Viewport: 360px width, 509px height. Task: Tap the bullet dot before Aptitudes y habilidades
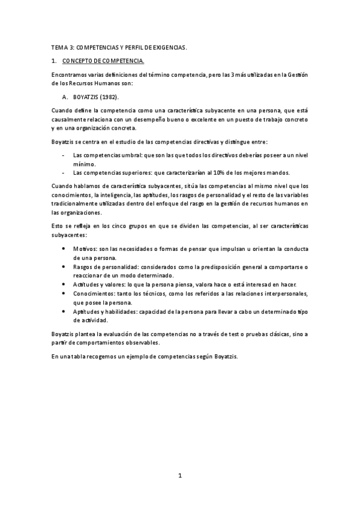pos(65,312)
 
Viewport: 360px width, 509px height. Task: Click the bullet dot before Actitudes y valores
pos(65,284)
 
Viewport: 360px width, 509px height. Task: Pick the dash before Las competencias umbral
pos(64,155)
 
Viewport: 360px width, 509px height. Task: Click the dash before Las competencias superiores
pos(64,172)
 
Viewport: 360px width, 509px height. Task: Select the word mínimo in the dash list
pos(83,163)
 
